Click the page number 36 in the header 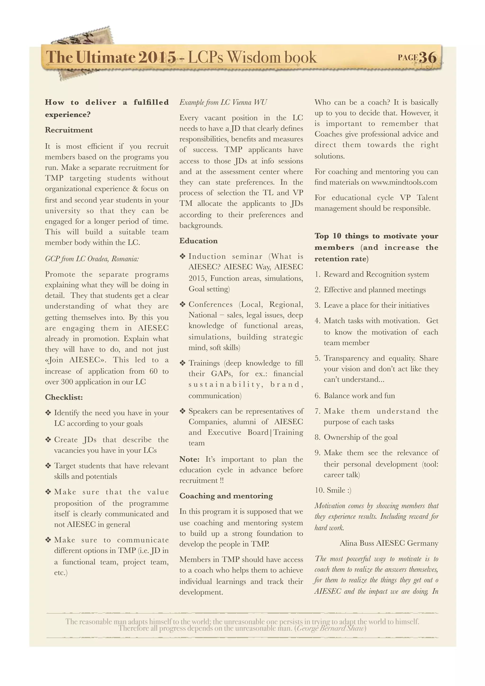click(x=428, y=57)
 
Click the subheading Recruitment click(x=69, y=130)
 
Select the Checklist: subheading click(x=64, y=397)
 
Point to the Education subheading click(x=198, y=241)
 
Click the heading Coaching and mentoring click(x=226, y=496)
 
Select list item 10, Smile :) click(x=333, y=490)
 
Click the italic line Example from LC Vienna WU click(x=223, y=103)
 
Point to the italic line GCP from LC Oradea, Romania click(x=92, y=259)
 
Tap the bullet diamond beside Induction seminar click(x=183, y=256)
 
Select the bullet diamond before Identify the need click(x=48, y=413)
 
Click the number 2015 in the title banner click(x=157, y=57)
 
